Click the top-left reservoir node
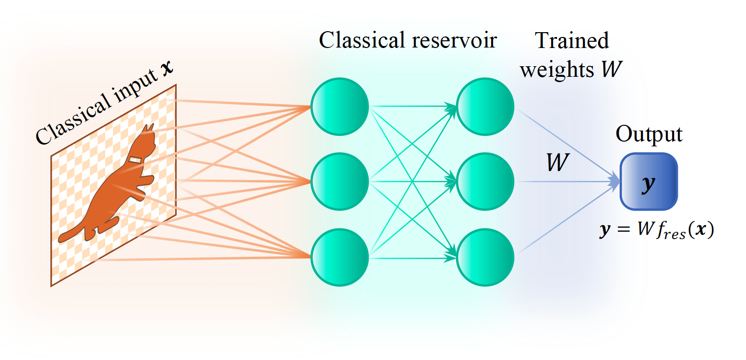point(340,106)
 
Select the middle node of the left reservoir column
point(340,181)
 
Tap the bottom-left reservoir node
point(340,258)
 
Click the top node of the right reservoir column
point(485,106)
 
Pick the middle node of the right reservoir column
point(485,181)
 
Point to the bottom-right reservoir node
point(485,258)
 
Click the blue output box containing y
point(649,181)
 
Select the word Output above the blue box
point(649,134)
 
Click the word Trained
point(572,41)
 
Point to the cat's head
point(146,139)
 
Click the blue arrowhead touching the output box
point(614,181)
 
